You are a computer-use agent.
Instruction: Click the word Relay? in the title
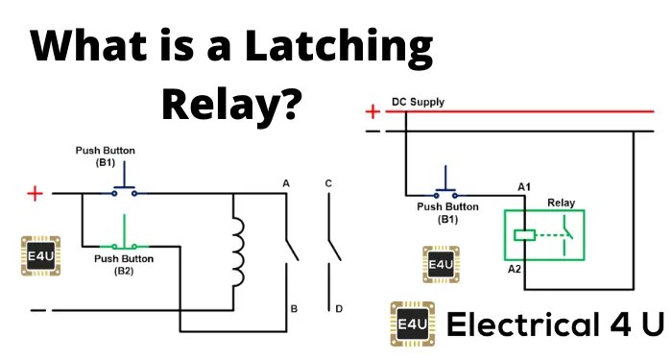pyautogui.click(x=229, y=104)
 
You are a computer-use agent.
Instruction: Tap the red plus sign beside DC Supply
pyautogui.click(x=372, y=112)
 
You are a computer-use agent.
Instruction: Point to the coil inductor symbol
pyautogui.click(x=237, y=252)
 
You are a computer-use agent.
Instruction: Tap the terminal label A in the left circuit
pyautogui.click(x=286, y=183)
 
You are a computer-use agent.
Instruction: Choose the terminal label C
pyautogui.click(x=328, y=183)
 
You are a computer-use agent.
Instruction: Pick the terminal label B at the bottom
pyautogui.click(x=294, y=308)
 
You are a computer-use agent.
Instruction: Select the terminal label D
pyautogui.click(x=339, y=308)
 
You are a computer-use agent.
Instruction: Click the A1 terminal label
pyautogui.click(x=524, y=187)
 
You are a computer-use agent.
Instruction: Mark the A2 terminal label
pyautogui.click(x=515, y=269)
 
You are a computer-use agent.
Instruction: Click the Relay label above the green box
pyautogui.click(x=561, y=203)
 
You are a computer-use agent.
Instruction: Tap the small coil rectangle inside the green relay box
pyautogui.click(x=524, y=235)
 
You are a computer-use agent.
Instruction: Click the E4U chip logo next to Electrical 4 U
pyautogui.click(x=412, y=324)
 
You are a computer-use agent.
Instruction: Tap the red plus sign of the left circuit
pyautogui.click(x=36, y=194)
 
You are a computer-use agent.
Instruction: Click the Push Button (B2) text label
pyautogui.click(x=124, y=265)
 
